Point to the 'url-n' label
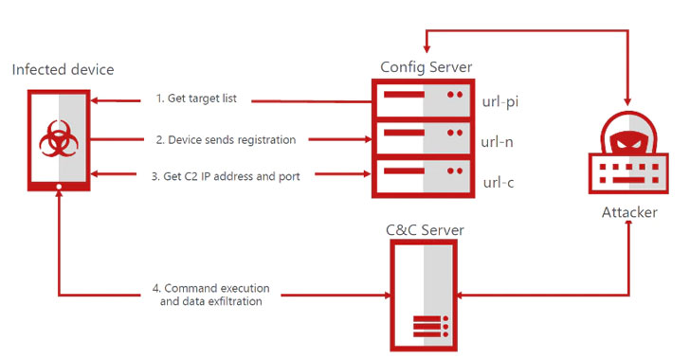coord(498,141)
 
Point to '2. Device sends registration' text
coord(226,139)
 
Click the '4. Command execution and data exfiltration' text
coord(209,294)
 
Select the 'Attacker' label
coord(629,212)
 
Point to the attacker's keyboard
coord(629,176)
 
